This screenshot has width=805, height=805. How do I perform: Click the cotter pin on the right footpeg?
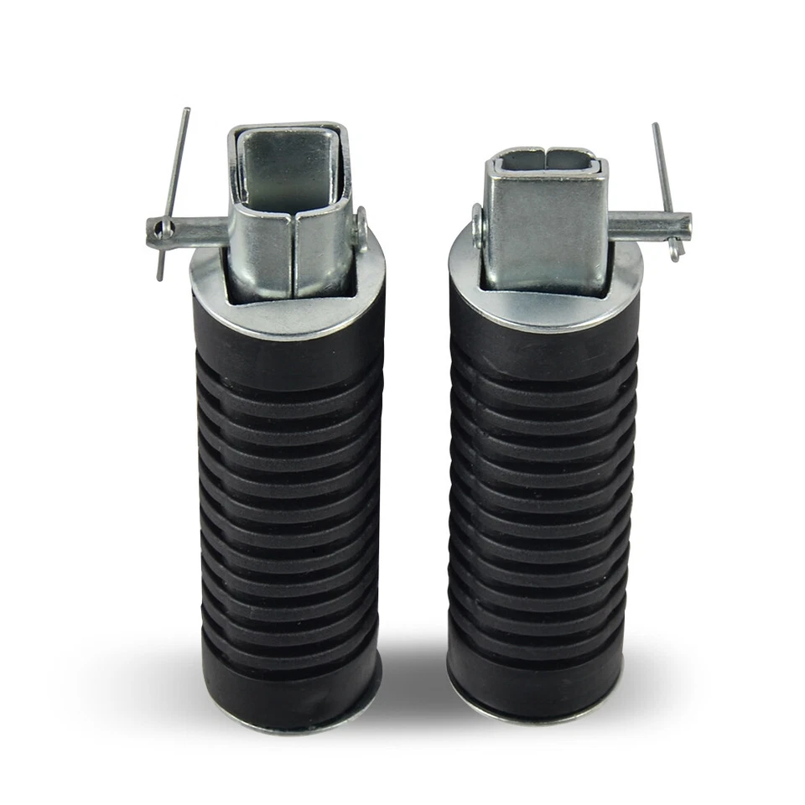click(x=664, y=184)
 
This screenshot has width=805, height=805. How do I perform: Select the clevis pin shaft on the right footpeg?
click(x=650, y=224)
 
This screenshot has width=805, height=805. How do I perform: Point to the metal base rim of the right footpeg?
click(x=537, y=714)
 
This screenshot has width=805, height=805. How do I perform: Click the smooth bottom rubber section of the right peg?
click(x=537, y=679)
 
